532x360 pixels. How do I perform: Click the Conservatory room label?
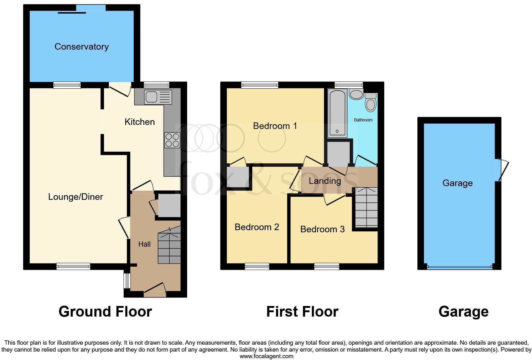[x=81, y=47]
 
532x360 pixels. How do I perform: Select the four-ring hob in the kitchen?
[x=172, y=140]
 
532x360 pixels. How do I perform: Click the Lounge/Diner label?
[x=76, y=197]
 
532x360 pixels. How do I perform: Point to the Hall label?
[x=145, y=244]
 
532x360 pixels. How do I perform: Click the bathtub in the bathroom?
[x=337, y=113]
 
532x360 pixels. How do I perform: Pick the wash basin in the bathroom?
[x=356, y=93]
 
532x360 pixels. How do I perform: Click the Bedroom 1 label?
[x=275, y=126]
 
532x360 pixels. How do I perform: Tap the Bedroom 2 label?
[x=257, y=227]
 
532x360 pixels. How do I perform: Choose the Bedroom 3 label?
[x=322, y=229]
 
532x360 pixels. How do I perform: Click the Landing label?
[x=325, y=181]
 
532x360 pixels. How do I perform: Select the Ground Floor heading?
[x=105, y=312]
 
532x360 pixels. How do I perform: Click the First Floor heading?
[x=302, y=312]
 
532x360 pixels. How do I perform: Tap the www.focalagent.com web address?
[x=266, y=356]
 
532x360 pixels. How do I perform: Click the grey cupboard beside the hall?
[x=169, y=205]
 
